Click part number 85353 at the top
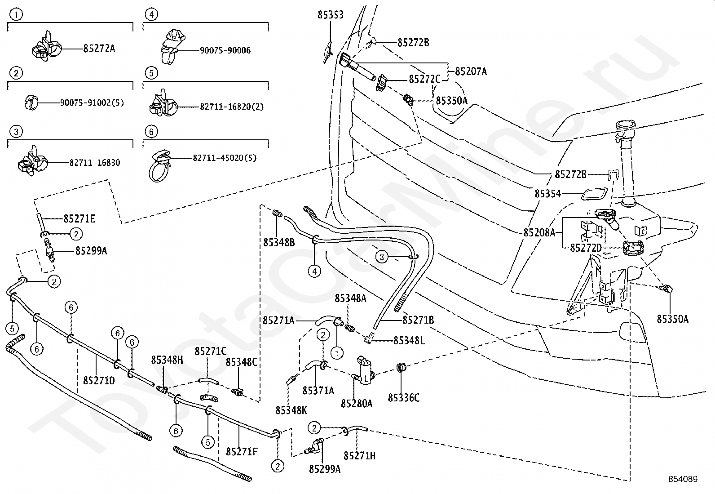pyautogui.click(x=331, y=15)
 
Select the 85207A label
pyautogui.click(x=471, y=71)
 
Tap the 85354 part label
pyautogui.click(x=548, y=194)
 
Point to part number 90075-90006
pyautogui.click(x=225, y=50)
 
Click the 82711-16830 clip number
pyautogui.click(x=95, y=163)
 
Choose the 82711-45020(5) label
pyautogui.click(x=225, y=158)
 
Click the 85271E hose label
pyautogui.click(x=79, y=219)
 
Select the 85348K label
pyautogui.click(x=291, y=410)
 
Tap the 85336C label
pyautogui.click(x=404, y=398)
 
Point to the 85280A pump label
pyautogui.click(x=357, y=404)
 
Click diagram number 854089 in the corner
pyautogui.click(x=683, y=479)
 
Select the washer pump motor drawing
pyautogui.click(x=366, y=370)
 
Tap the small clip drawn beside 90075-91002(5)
pyautogui.click(x=31, y=102)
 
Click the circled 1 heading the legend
pyautogui.click(x=16, y=14)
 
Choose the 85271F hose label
pyautogui.click(x=242, y=452)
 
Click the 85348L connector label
pyautogui.click(x=409, y=341)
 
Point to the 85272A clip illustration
pyautogui.click(x=46, y=47)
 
